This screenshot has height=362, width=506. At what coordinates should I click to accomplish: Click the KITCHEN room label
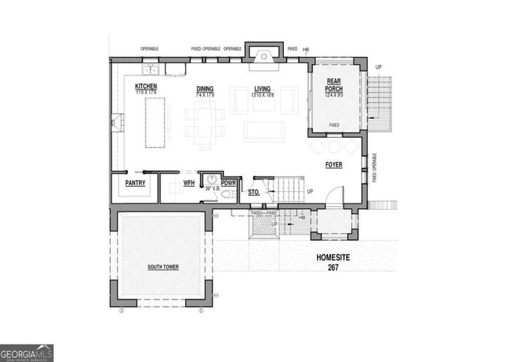[x=145, y=86]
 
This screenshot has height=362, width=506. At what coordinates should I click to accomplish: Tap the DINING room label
[x=205, y=90]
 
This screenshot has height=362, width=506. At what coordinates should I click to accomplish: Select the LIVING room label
[x=262, y=90]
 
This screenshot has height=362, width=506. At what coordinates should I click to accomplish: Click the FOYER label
[x=334, y=165]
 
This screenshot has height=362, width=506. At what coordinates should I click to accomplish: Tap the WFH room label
[x=188, y=183]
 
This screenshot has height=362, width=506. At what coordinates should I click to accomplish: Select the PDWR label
[x=228, y=183]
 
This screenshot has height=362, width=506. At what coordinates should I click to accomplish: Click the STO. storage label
[x=254, y=192]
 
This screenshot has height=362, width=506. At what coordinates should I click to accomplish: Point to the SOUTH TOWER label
[x=162, y=267]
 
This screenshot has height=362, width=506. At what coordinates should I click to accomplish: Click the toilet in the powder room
[x=225, y=194]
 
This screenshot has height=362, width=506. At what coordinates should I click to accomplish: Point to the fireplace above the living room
[x=261, y=53]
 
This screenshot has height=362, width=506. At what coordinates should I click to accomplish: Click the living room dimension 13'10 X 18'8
[x=262, y=94]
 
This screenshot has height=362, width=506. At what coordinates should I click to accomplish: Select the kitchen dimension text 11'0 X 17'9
[x=145, y=91]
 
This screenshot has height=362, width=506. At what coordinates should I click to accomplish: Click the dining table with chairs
[x=206, y=125]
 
